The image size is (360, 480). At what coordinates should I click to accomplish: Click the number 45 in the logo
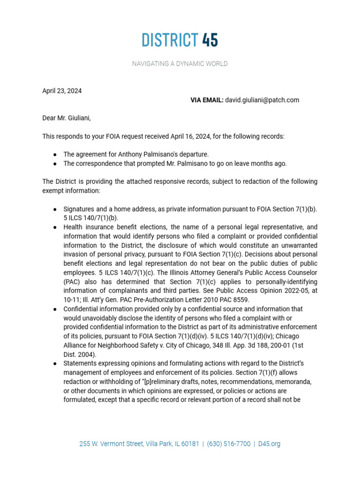click(x=210, y=40)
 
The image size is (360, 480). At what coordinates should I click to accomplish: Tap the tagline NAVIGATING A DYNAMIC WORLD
click(x=180, y=64)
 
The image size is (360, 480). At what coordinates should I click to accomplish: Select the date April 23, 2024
click(x=62, y=91)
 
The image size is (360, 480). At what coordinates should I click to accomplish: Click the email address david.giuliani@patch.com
click(x=262, y=100)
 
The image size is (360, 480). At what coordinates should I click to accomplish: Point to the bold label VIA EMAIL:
click(x=207, y=100)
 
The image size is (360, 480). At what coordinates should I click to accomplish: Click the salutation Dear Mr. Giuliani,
click(x=67, y=118)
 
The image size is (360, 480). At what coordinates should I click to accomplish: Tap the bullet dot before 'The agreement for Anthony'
click(x=55, y=155)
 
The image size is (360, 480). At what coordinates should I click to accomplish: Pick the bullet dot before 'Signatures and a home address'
click(x=55, y=209)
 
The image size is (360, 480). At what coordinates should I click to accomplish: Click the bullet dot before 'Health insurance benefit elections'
click(x=55, y=227)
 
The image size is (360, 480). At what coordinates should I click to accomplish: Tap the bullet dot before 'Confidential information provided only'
click(x=55, y=309)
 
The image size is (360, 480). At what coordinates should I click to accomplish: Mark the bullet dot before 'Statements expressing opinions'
click(x=55, y=364)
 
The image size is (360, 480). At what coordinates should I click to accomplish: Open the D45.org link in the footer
click(x=269, y=443)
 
